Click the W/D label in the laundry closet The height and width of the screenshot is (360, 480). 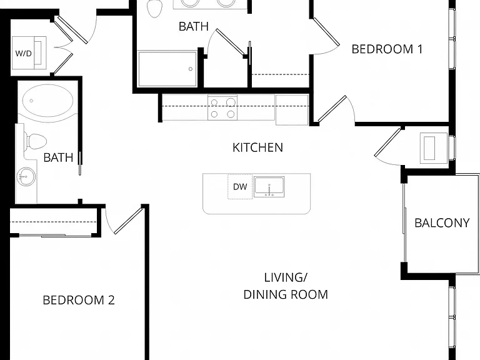click(24, 54)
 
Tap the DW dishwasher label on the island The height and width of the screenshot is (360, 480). click(240, 187)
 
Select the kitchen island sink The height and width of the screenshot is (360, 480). click(269, 187)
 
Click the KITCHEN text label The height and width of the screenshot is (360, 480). click(257, 147)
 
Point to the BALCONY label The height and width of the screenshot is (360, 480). click(442, 223)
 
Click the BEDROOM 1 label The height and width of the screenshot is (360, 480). click(387, 49)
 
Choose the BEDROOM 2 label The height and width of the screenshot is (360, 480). click(79, 300)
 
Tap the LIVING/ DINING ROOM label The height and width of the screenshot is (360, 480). click(286, 286)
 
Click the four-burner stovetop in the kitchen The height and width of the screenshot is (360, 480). click(222, 107)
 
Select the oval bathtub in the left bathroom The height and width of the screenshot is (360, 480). click(47, 101)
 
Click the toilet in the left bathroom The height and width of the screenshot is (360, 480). click(36, 142)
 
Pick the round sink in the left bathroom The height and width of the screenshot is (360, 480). click(26, 177)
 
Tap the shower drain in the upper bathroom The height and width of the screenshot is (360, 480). click(191, 69)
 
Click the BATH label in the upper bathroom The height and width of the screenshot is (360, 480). click(194, 27)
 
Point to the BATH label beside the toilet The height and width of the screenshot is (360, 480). click(58, 157)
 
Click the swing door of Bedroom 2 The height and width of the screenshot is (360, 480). click(129, 221)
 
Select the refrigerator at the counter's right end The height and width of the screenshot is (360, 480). click(292, 110)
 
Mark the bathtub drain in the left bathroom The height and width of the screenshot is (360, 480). click(31, 101)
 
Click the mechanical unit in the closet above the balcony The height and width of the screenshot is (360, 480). click(433, 147)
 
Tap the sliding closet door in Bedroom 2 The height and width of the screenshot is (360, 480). click(55, 235)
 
